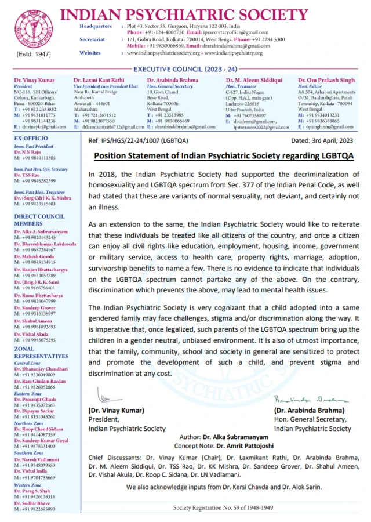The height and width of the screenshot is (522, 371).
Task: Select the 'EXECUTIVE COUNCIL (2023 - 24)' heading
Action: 185,68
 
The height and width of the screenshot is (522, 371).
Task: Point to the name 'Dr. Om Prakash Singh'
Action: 325,80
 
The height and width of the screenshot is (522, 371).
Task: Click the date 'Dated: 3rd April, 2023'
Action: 321,141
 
